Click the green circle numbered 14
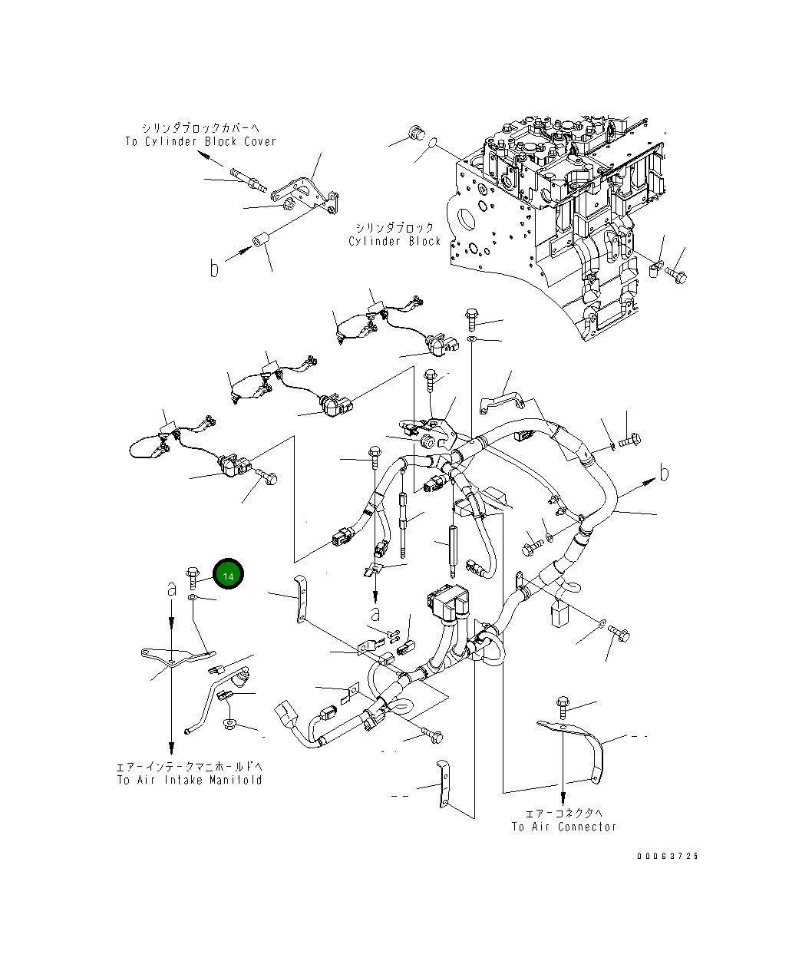pos(228,574)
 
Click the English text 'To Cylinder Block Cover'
pos(200,141)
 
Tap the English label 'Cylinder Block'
pos(394,241)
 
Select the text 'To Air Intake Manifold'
pos(190,780)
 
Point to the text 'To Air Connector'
pos(564,827)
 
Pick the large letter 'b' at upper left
pos(215,268)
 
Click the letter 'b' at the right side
pos(665,474)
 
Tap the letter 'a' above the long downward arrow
pos(172,589)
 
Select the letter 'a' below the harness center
pos(375,613)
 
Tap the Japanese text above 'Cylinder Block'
pos(394,227)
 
